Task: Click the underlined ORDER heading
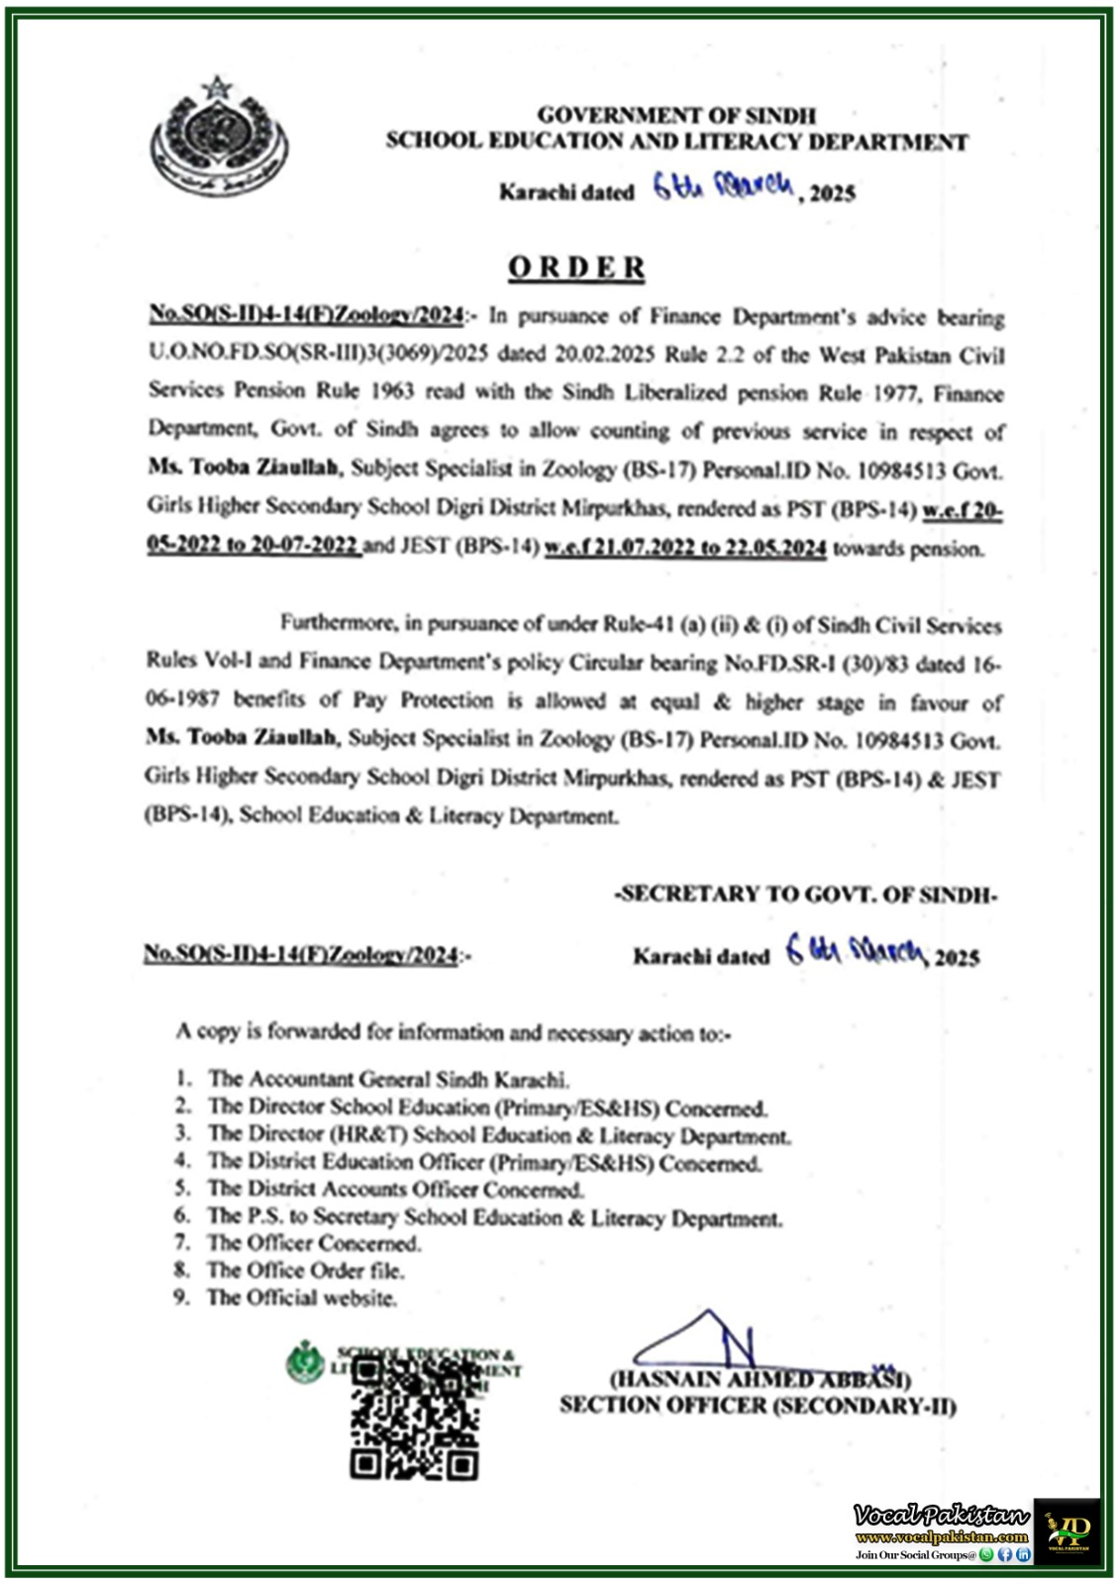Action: click(x=576, y=267)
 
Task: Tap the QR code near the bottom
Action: click(x=415, y=1419)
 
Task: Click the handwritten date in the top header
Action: click(x=724, y=187)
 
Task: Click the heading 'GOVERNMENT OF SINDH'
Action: click(x=676, y=116)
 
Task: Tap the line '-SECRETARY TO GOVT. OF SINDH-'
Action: click(x=806, y=895)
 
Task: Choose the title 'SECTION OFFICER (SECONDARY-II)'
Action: click(x=758, y=1406)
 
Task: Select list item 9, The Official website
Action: click(x=301, y=1298)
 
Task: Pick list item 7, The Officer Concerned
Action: click(x=313, y=1243)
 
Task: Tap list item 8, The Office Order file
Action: click(x=305, y=1270)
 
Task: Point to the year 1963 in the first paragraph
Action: click(x=392, y=391)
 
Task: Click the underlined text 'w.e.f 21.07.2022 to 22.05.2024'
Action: click(x=685, y=548)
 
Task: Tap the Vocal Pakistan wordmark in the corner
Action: click(x=941, y=1516)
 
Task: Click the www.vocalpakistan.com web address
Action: click(x=942, y=1537)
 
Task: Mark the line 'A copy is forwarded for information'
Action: click(x=454, y=1032)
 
